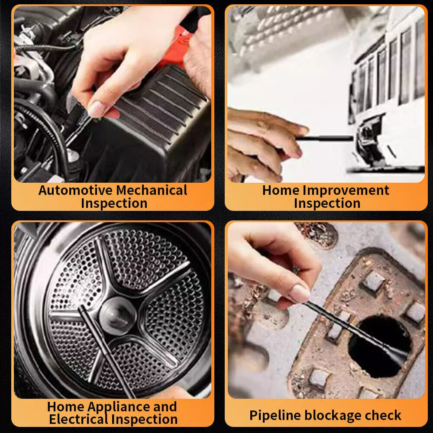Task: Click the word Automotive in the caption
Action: [75, 190]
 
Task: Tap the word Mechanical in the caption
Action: [152, 190]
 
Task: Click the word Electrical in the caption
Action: [79, 419]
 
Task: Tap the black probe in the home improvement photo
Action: [325, 139]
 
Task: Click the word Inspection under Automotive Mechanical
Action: [113, 203]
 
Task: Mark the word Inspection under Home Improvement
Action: [327, 203]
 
